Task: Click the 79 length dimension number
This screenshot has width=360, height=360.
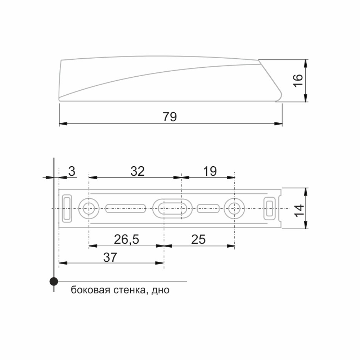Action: click(170, 117)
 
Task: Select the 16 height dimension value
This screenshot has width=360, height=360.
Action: click(298, 80)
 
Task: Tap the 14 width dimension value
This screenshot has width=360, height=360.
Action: click(299, 210)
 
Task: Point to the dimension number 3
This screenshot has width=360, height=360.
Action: click(72, 171)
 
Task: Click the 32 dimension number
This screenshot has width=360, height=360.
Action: click(138, 171)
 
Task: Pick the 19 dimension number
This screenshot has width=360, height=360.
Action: click(210, 171)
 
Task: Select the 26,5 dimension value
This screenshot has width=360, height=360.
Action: click(126, 239)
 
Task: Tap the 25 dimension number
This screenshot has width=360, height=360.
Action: click(198, 239)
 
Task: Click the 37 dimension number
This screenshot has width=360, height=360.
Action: click(110, 257)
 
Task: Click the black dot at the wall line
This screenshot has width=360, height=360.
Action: click(54, 281)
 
